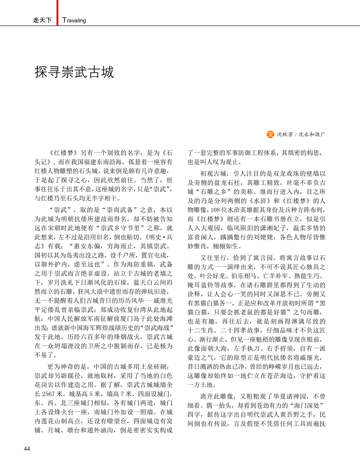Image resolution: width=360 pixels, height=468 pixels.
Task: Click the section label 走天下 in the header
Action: click(x=42, y=20)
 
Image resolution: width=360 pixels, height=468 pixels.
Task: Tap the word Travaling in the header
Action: click(x=74, y=20)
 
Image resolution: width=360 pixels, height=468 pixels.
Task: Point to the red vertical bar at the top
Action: click(x=57, y=12)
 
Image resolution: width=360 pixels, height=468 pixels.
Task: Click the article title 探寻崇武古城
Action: click(x=74, y=72)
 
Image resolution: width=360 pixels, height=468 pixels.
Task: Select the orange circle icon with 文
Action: click(x=270, y=134)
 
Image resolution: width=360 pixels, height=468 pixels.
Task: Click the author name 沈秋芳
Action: click(x=285, y=135)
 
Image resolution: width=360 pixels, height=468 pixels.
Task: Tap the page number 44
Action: click(x=27, y=449)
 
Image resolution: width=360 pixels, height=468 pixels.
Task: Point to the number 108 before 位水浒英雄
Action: click(x=215, y=210)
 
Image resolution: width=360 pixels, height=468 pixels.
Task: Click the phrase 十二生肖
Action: click(x=201, y=330)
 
